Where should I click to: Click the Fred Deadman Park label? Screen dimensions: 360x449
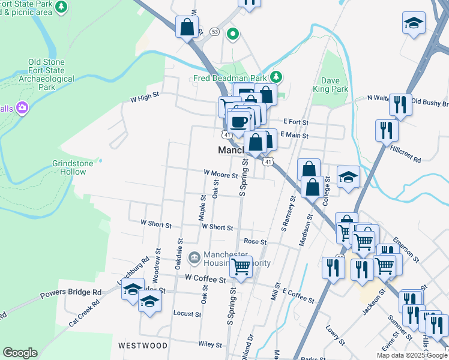coord(231,77)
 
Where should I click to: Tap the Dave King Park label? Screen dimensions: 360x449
coord(330,85)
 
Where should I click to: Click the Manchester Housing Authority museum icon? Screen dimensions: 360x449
coord(194,258)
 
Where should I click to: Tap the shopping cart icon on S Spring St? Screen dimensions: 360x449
coord(241,266)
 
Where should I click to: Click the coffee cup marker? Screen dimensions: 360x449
coord(238,122)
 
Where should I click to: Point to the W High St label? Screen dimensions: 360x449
coord(145,95)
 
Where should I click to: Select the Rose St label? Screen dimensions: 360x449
coord(255,242)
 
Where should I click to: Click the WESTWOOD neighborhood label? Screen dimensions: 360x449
coord(142,346)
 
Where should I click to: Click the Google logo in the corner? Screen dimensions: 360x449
coord(20,353)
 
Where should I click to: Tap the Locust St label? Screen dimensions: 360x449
coord(187,314)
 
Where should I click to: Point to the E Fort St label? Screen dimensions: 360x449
coord(296,122)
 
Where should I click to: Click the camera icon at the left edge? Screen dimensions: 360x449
coord(23,108)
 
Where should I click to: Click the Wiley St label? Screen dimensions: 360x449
coord(211,344)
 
